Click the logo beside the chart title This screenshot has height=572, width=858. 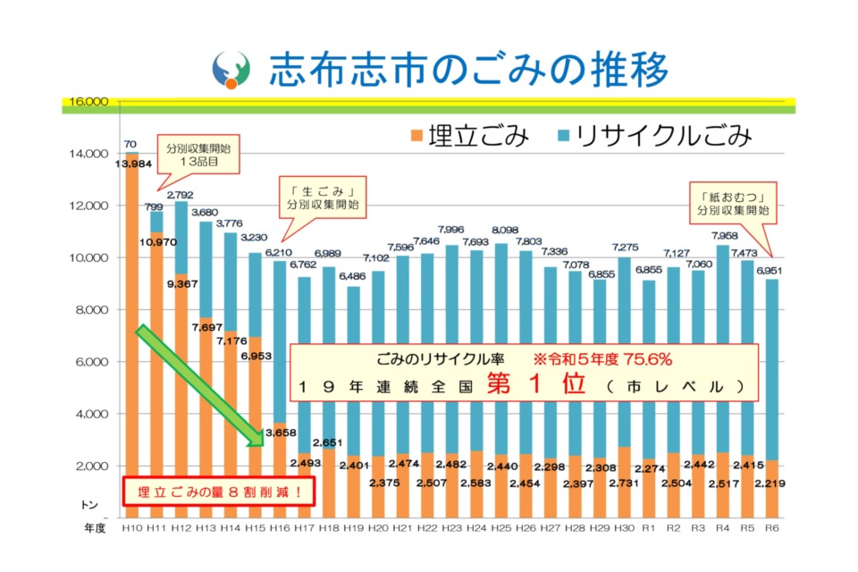pos(230,70)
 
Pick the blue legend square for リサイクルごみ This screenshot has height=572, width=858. pos(564,136)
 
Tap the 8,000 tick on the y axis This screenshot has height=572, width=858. pos(89,310)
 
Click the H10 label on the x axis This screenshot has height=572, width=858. pos(131,529)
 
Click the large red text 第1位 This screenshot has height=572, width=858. pos(535,385)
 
